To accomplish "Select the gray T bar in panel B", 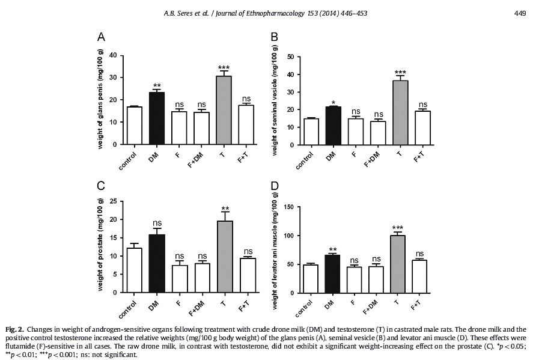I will tap(400, 112).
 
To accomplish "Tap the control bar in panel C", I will tap(135, 270).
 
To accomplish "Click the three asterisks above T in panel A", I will tap(224, 67).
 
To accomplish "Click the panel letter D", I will tap(275, 186).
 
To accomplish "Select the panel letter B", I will tap(274, 38).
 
